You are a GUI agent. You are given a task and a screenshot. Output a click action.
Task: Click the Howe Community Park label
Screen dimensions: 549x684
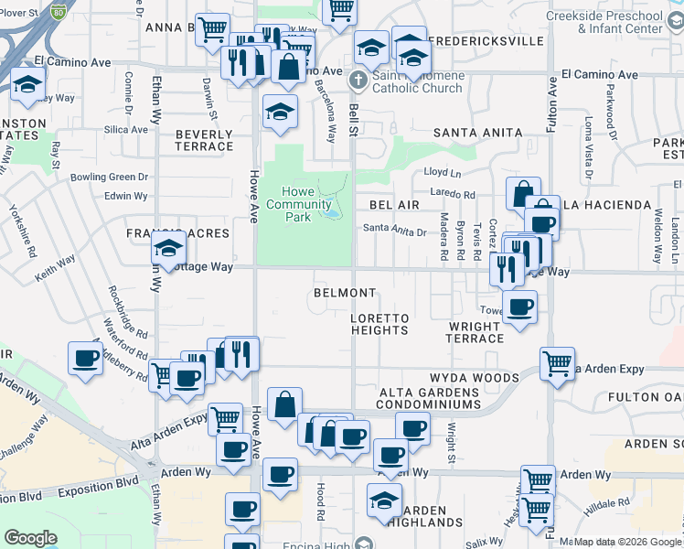298,204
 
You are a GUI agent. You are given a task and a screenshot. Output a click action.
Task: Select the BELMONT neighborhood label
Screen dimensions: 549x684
345,293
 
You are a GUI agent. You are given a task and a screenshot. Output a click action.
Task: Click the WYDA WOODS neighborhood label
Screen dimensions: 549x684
475,378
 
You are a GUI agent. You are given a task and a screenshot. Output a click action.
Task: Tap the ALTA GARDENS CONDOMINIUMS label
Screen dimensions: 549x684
430,398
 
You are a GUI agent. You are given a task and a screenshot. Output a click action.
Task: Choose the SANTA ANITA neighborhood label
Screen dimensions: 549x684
477,133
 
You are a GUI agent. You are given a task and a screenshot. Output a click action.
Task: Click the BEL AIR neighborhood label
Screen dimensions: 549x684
394,205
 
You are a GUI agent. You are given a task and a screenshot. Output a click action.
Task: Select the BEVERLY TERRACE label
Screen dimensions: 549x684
204,140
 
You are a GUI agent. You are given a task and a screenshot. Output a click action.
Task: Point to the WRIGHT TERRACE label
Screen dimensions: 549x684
476,332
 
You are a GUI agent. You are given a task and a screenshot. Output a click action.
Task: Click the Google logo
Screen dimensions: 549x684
29,538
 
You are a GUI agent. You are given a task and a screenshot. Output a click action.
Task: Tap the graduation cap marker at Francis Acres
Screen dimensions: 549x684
168,249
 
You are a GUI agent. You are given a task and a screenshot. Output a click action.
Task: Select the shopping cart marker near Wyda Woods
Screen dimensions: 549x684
557,363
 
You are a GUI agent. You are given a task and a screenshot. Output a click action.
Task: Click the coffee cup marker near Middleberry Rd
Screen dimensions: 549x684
85,358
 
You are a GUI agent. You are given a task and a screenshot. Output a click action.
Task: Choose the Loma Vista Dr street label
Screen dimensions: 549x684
589,146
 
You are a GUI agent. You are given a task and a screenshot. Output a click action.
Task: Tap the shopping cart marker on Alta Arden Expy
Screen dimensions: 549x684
225,418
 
